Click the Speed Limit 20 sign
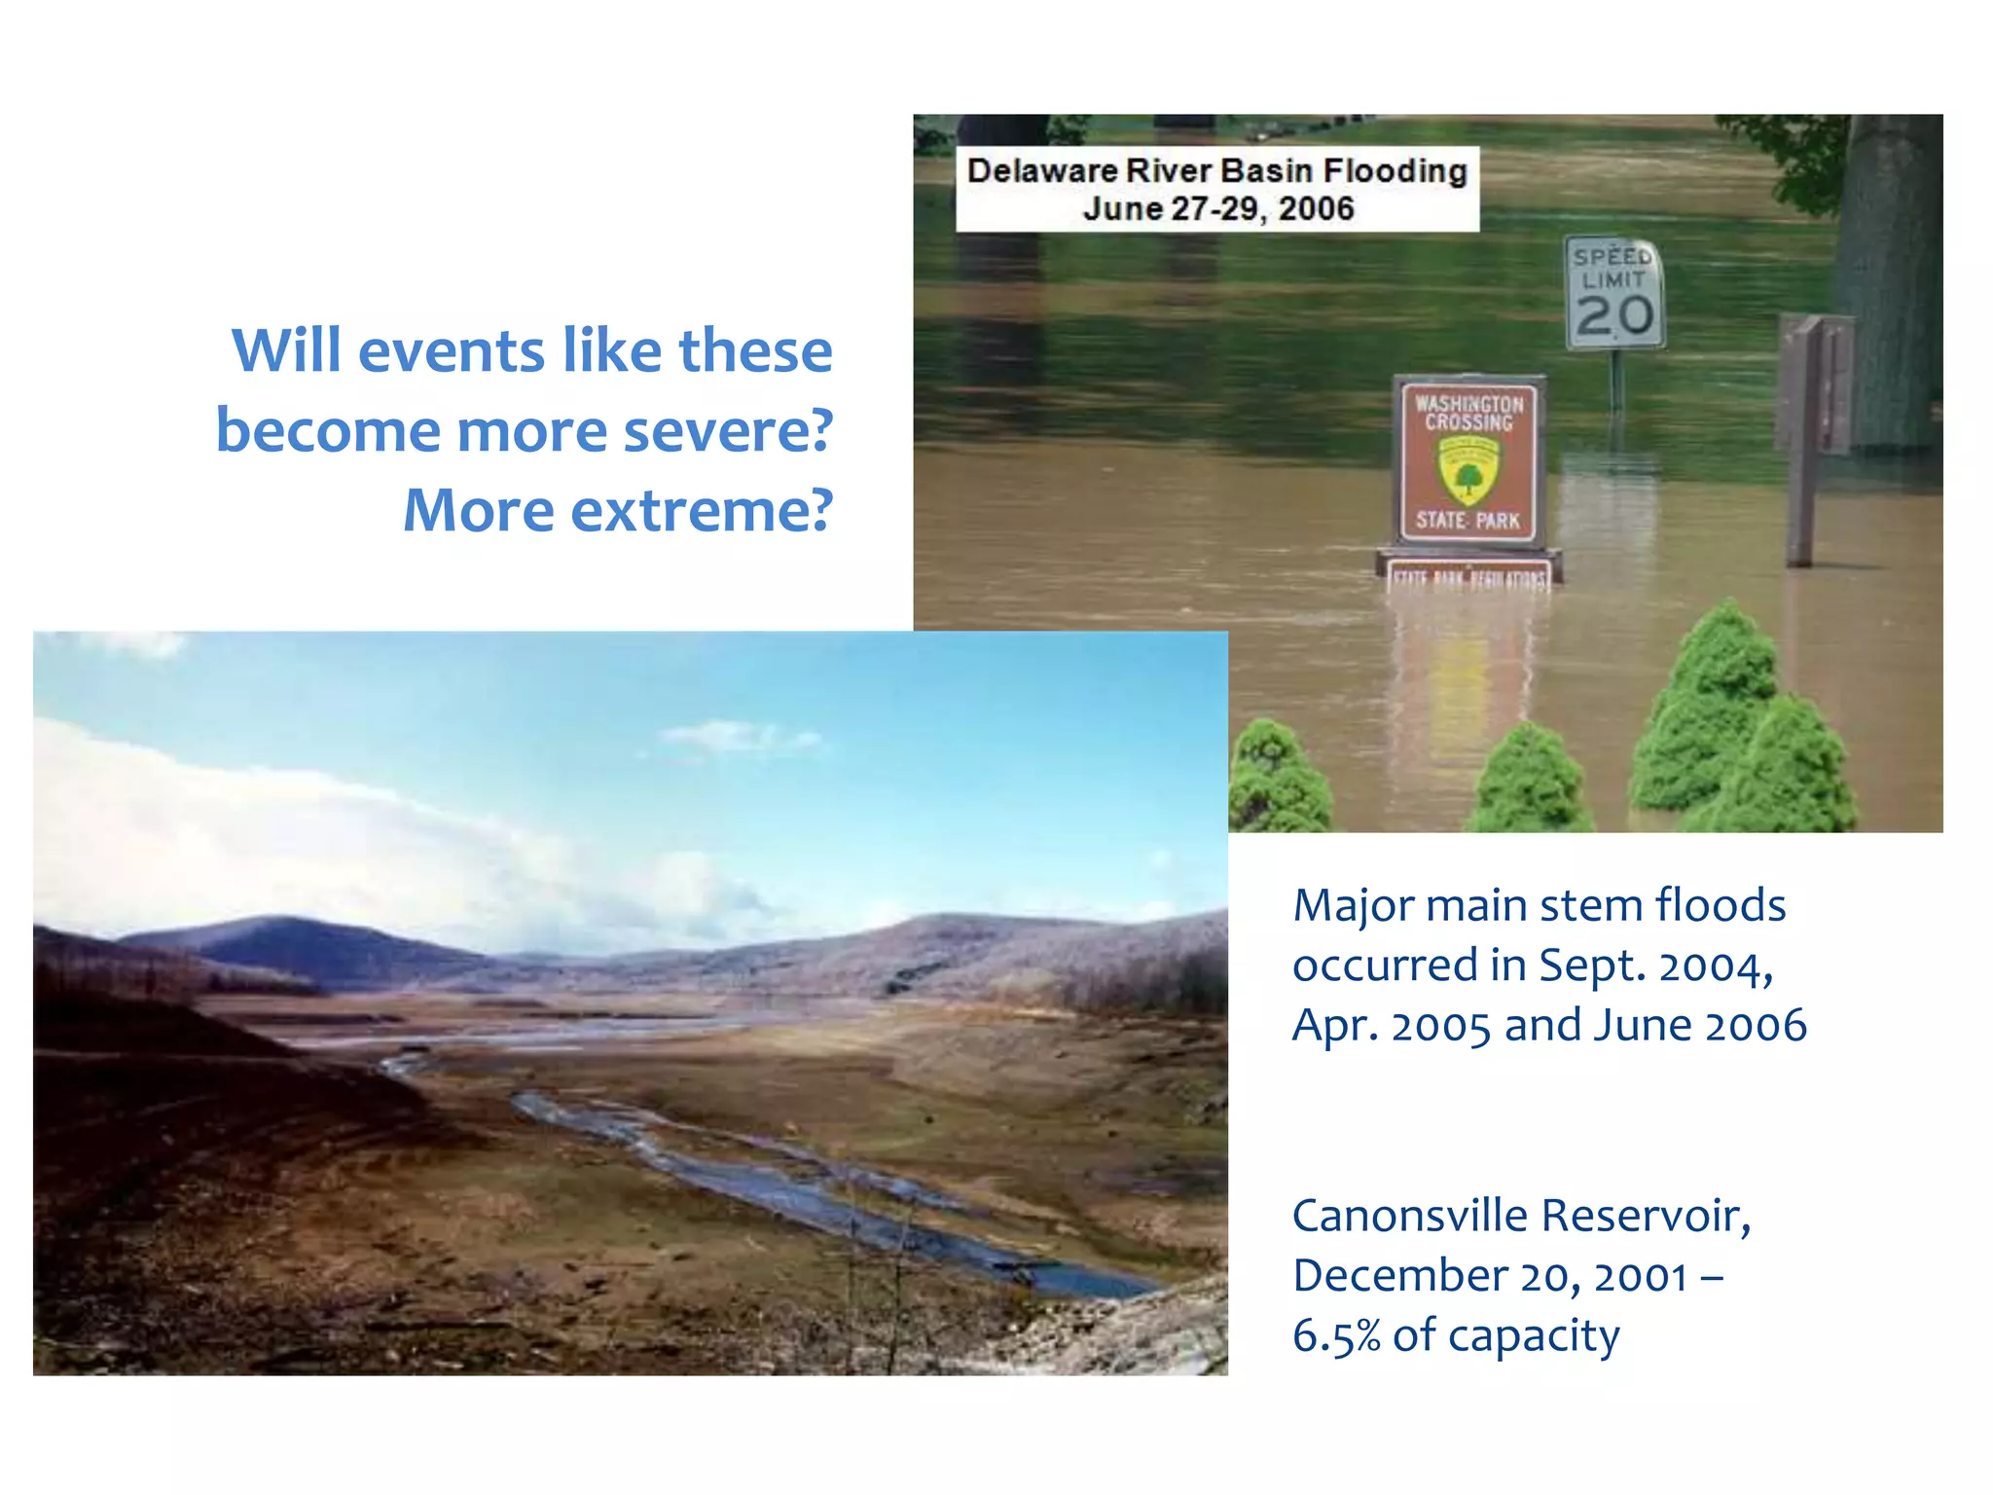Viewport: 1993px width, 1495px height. [x=1614, y=292]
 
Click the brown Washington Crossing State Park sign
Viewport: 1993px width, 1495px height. [x=1468, y=459]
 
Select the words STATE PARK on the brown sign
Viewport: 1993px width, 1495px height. [x=1468, y=521]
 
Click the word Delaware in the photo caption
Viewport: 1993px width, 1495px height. [x=1042, y=171]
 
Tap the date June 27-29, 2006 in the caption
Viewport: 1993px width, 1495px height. [x=1218, y=209]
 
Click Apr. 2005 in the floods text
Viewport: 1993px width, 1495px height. [x=1392, y=1026]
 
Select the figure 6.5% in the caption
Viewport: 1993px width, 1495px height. [x=1336, y=1335]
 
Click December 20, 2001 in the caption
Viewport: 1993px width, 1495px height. [x=1489, y=1276]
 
